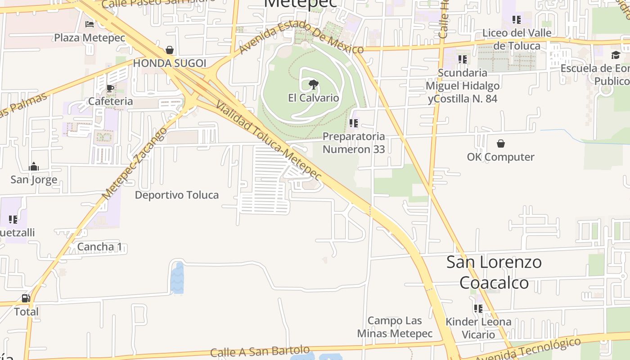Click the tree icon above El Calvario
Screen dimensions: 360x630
click(313, 84)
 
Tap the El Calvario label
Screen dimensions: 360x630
click(313, 98)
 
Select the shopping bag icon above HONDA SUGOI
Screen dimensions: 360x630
click(170, 50)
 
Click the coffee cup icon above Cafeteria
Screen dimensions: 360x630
click(110, 88)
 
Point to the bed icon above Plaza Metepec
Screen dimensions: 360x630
click(90, 24)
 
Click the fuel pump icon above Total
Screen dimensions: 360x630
click(26, 298)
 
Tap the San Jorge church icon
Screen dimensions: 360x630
click(34, 167)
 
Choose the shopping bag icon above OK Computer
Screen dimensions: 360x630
click(500, 144)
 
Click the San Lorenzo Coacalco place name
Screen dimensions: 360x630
click(494, 272)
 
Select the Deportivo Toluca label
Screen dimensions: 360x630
click(177, 195)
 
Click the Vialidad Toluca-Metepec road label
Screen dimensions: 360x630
click(269, 140)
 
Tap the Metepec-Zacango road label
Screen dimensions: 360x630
click(135, 163)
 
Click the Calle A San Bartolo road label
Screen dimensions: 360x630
click(260, 351)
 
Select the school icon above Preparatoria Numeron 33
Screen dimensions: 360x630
click(354, 123)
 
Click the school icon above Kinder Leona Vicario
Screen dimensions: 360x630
click(478, 309)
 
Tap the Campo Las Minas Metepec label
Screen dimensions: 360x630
click(395, 327)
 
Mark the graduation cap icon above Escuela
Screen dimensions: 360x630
click(615, 55)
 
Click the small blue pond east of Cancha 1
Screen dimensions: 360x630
click(177, 278)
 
